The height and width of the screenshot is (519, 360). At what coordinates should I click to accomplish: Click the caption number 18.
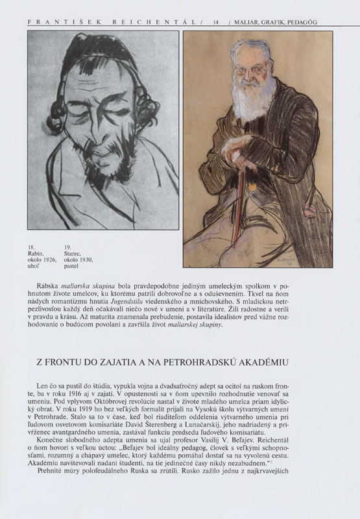30,247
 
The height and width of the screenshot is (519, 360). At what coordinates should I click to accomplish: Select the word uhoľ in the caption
34,266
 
